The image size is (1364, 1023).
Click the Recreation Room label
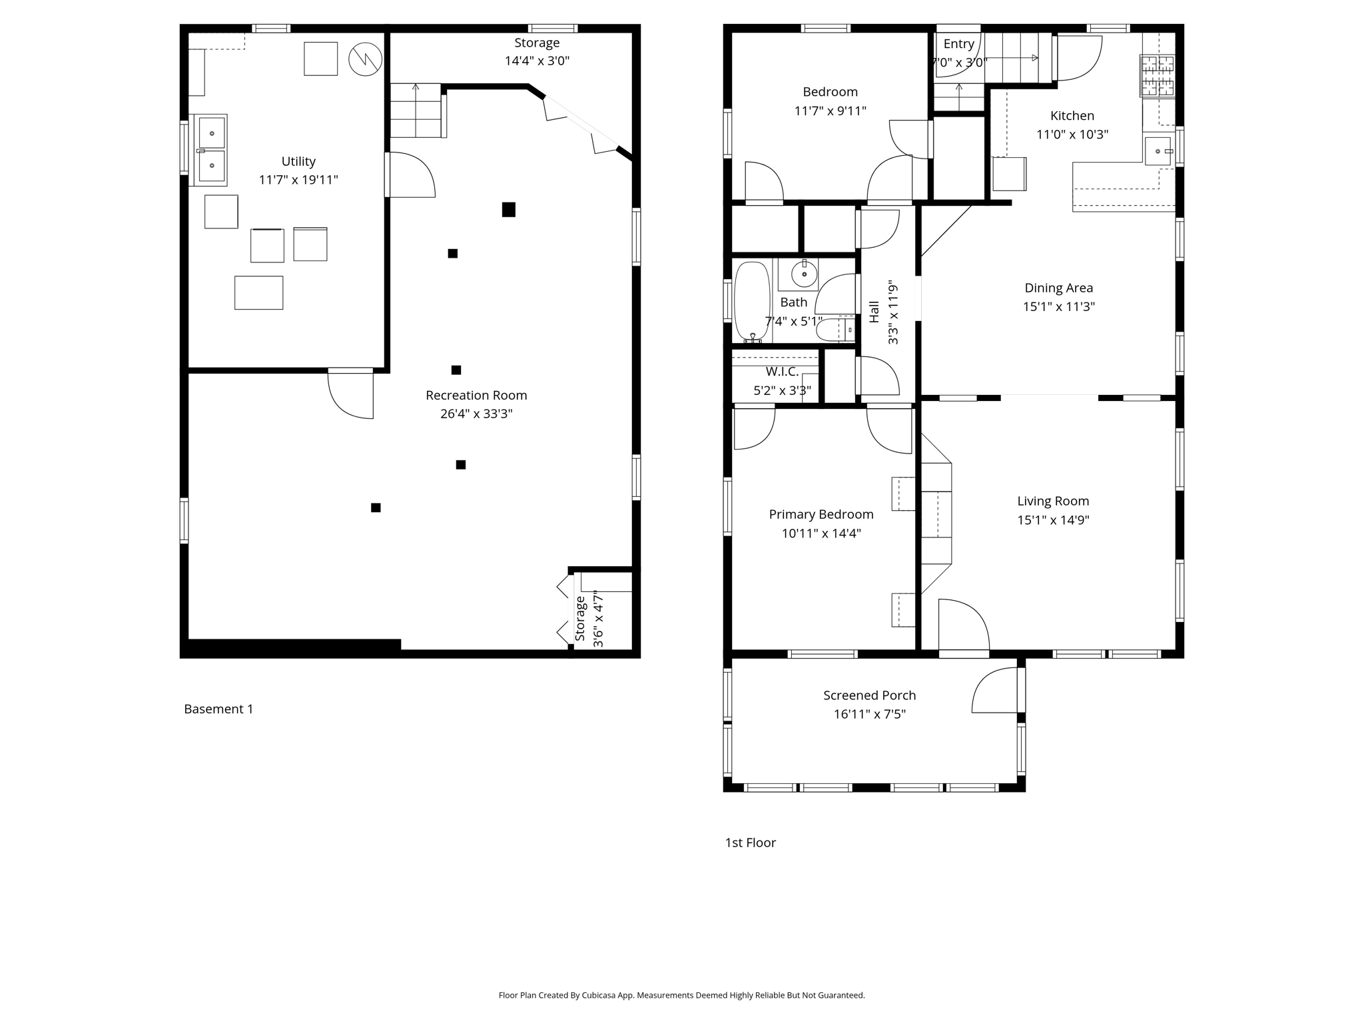point(476,395)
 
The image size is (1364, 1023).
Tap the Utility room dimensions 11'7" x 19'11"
point(298,180)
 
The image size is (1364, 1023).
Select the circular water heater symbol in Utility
point(365,59)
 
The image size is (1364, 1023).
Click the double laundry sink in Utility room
point(211,150)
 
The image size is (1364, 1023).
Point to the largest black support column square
point(508,210)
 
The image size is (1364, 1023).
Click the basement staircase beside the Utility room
point(416,111)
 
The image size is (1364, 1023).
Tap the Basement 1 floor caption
point(218,709)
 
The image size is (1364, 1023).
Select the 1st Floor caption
point(750,843)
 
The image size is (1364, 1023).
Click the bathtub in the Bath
point(751,301)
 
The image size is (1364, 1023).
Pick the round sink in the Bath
point(804,274)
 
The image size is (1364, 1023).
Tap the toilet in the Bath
point(833,329)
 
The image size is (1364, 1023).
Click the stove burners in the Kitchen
point(1158,75)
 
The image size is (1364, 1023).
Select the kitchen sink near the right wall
point(1158,151)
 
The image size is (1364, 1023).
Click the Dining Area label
point(1058,288)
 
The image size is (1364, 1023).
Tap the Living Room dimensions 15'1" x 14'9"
point(1052,520)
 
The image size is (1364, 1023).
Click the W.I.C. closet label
point(782,372)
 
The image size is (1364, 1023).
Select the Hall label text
point(874,312)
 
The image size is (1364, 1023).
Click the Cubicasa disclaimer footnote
point(681,995)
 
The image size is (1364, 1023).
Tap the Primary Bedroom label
point(821,514)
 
